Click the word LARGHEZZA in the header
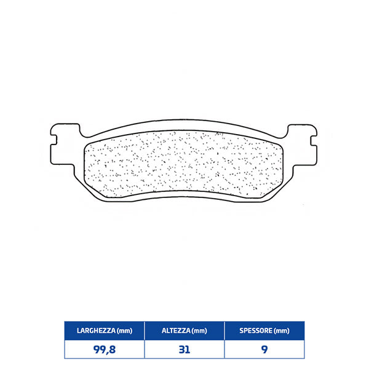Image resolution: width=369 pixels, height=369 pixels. click(94, 331)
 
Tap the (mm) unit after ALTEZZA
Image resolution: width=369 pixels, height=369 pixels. click(199, 331)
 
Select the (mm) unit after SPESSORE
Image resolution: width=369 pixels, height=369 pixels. click(281, 331)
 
